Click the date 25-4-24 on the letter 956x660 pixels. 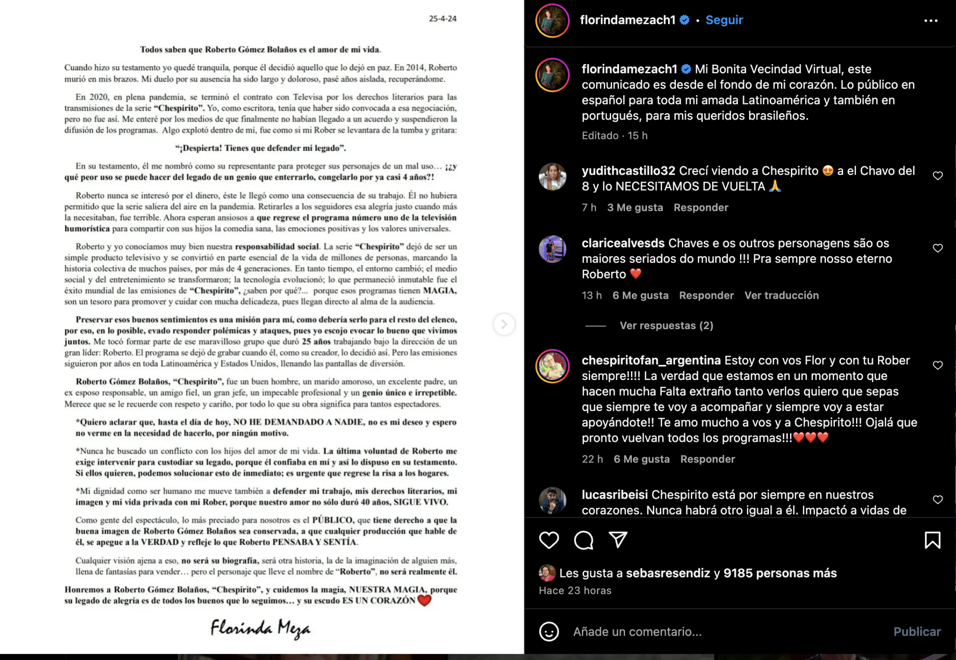442,19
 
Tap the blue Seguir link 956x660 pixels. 724,20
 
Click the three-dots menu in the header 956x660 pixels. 930,21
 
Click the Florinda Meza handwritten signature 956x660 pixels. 260,628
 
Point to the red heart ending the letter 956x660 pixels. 425,600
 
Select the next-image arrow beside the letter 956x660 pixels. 504,324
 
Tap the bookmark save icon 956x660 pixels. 932,540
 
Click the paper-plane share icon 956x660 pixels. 618,540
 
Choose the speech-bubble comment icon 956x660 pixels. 584,540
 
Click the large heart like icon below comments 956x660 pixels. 549,540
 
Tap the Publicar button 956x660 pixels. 917,632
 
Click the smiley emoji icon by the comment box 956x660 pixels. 549,632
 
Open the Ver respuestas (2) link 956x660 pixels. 666,325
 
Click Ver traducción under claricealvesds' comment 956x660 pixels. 781,295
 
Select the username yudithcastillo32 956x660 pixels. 628,171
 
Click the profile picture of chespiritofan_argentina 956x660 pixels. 553,366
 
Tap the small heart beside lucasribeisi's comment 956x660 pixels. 938,500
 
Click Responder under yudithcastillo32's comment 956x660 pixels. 701,208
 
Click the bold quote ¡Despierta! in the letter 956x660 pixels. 260,148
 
